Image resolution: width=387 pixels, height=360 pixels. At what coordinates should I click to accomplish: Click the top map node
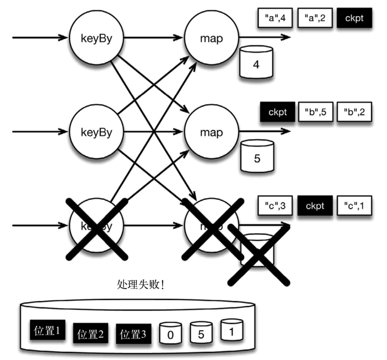click(212, 38)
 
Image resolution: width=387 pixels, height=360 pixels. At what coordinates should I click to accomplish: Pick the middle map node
click(212, 132)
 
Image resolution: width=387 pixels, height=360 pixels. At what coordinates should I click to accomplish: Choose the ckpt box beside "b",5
click(277, 112)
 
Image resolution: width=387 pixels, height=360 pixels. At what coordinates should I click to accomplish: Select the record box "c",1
click(354, 206)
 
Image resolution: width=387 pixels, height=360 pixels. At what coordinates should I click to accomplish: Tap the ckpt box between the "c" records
click(315, 206)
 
